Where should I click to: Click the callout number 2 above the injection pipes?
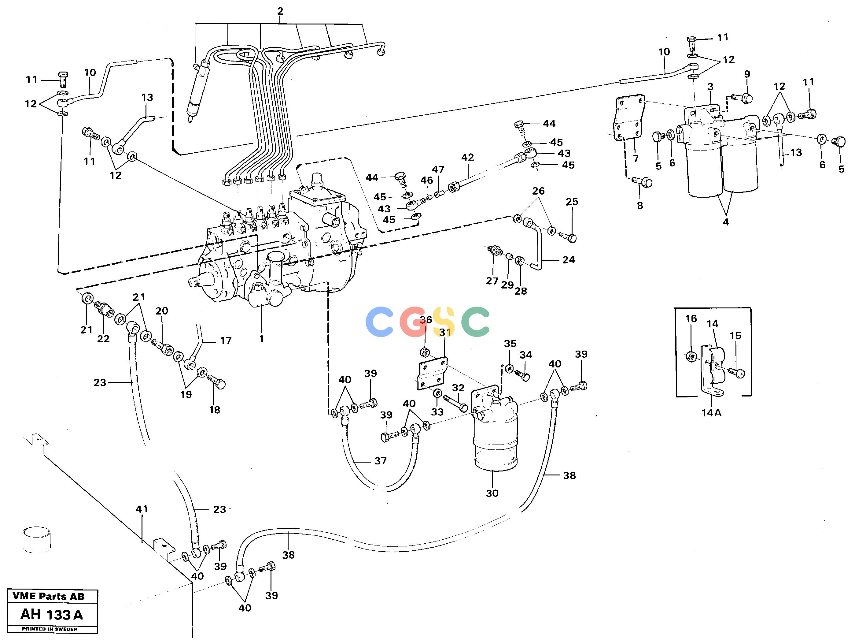280,11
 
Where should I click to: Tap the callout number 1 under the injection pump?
262,339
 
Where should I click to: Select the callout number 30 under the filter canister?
492,493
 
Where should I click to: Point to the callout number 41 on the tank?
142,509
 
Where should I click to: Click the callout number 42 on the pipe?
468,158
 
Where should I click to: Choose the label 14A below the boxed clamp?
712,413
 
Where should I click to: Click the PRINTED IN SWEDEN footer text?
50,629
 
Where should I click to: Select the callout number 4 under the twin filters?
726,222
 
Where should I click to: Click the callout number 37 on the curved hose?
380,461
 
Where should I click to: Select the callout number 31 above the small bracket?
445,332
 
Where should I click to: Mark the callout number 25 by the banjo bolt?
572,202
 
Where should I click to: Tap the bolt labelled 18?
216,382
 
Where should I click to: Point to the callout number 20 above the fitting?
162,311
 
